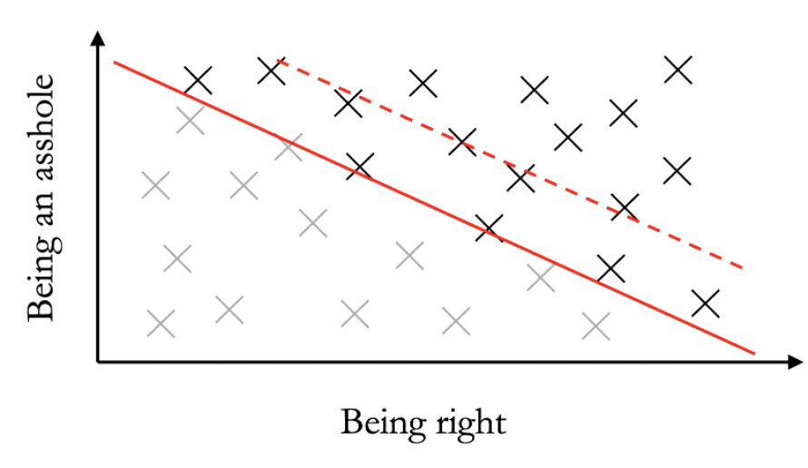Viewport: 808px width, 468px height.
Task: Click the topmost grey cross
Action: point(191,120)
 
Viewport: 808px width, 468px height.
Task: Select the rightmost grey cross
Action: point(596,327)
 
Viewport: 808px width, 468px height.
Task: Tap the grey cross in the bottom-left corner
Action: point(161,324)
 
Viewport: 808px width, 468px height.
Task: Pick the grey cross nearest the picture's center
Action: point(409,256)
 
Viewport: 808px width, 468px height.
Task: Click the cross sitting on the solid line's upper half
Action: point(290,147)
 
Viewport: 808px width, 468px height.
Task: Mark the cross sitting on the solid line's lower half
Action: point(541,278)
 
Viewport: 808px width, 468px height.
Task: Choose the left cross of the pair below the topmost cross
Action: point(155,185)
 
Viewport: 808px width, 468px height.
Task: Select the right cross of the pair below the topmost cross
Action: point(243,185)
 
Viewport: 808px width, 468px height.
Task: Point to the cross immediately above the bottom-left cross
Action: point(177,258)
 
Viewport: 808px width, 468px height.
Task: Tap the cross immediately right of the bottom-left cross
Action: point(229,310)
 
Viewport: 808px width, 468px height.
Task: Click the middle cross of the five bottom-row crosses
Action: point(354,314)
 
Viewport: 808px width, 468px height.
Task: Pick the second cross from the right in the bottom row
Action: point(456,320)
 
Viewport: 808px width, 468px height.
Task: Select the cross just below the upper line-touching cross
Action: point(312,222)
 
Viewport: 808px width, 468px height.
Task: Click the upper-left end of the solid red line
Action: point(114,62)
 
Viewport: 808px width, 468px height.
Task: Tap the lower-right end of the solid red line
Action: point(754,354)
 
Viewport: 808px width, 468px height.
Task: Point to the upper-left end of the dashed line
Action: point(277,60)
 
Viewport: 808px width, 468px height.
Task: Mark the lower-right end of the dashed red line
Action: point(744,268)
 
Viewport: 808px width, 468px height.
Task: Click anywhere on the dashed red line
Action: point(508,162)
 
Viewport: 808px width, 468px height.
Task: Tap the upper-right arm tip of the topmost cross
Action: point(203,107)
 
